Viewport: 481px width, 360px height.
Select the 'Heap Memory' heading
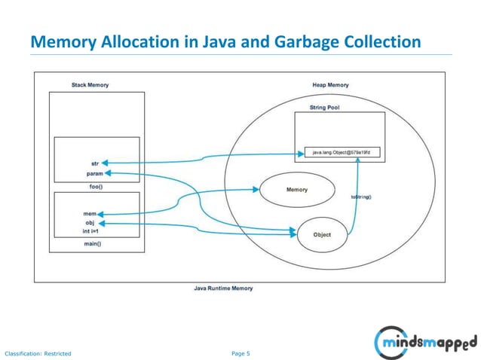point(330,85)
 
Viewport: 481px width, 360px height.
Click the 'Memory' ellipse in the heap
point(296,190)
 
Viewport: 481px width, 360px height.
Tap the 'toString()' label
point(362,197)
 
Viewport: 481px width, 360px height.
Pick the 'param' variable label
point(94,173)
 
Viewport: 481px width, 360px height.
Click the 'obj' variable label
point(89,223)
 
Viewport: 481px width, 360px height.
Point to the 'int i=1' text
point(90,232)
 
